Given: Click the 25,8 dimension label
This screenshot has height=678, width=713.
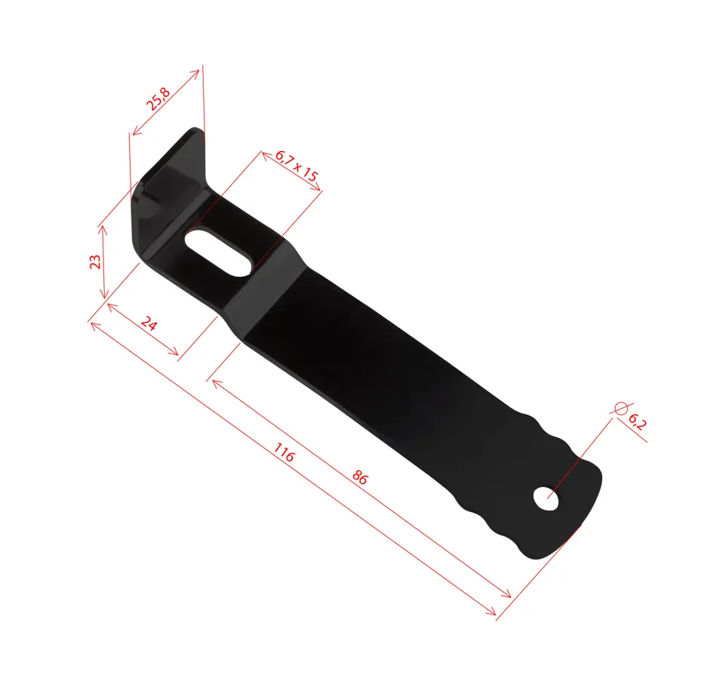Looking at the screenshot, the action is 158,99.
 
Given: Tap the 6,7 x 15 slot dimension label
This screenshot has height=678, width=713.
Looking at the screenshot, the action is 297,165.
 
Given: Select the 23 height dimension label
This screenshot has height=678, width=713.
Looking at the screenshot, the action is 95,262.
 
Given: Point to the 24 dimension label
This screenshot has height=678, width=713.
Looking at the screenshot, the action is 149,324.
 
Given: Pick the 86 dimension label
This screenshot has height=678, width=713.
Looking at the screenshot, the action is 360,477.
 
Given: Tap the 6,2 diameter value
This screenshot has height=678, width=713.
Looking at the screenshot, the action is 637,422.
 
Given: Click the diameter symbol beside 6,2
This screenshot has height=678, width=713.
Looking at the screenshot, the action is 621,408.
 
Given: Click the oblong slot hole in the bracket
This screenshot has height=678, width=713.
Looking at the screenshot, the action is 218,253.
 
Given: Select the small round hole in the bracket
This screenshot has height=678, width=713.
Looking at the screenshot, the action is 546,499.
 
